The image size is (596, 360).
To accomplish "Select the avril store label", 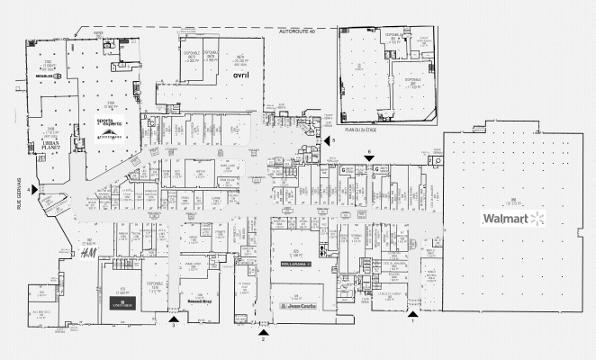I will point(240,76).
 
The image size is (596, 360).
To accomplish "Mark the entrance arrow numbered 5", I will point(326,141).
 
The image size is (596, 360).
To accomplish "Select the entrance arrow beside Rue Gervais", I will point(35,189).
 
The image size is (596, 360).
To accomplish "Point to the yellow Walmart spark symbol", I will point(538,219).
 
